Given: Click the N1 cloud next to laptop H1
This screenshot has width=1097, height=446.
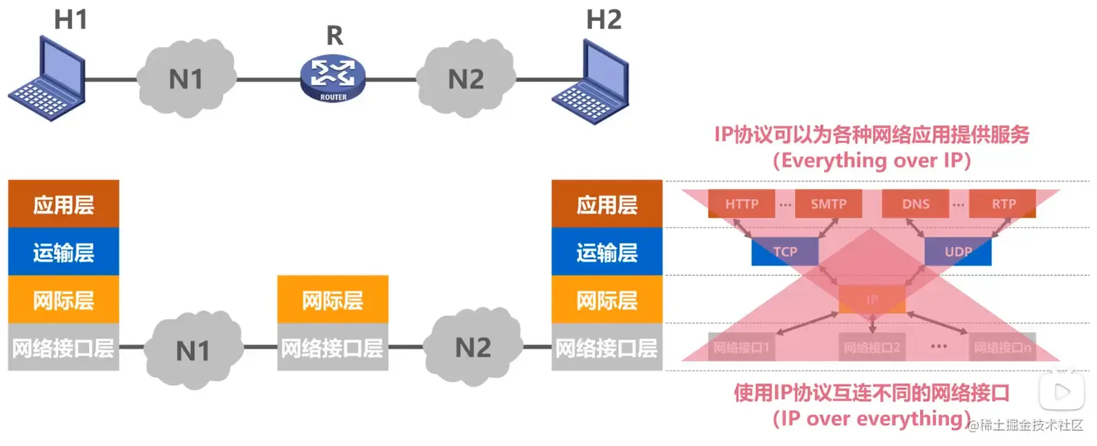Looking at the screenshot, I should coord(187,78).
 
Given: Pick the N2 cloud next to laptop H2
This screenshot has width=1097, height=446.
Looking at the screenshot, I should coord(465,78).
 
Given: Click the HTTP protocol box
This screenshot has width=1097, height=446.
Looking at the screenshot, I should coord(741,204).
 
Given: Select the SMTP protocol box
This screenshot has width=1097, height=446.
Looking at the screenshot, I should coord(829,204).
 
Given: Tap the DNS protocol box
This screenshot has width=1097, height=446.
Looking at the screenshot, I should coord(916,204).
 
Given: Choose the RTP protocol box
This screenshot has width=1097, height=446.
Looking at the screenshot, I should coord(1003,204).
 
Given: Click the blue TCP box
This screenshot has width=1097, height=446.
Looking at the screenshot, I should coord(785,252).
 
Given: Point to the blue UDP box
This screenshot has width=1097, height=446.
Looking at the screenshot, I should coord(958,252).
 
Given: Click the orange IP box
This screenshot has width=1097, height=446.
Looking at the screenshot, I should coord(872,299).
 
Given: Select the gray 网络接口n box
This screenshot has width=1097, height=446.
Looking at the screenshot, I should coord(1003,347).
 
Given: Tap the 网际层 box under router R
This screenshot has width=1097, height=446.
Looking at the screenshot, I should coord(332,300).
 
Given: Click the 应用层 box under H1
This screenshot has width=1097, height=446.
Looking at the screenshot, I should coord(63,205).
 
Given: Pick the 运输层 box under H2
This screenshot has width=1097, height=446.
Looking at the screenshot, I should coord(607,252).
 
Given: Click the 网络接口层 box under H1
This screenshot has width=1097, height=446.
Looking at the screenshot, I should coord(63,348).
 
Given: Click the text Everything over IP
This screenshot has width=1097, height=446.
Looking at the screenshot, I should coord(871,161).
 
